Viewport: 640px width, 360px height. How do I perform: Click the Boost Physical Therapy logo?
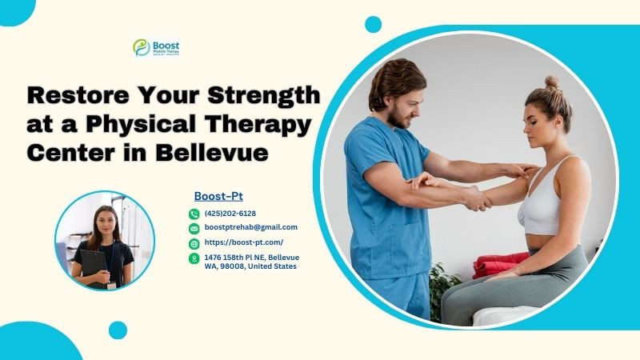pyautogui.click(x=156, y=47)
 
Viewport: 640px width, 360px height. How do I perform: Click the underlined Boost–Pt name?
pyautogui.click(x=218, y=196)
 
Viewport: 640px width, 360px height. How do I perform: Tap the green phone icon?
pyautogui.click(x=194, y=214)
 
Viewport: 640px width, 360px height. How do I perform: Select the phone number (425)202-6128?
pyautogui.click(x=230, y=214)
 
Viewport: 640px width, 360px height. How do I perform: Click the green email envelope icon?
pyautogui.click(x=194, y=228)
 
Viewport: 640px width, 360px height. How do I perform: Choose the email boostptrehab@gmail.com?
pyautogui.click(x=250, y=228)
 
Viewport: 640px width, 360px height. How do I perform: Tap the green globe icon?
pyautogui.click(x=194, y=243)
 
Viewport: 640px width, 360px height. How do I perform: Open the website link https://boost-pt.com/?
pyautogui.click(x=243, y=242)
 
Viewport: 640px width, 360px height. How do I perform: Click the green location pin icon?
pyautogui.click(x=194, y=258)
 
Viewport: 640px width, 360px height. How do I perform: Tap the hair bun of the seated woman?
pyautogui.click(x=552, y=82)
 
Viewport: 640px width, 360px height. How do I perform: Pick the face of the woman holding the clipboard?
pyautogui.click(x=106, y=220)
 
